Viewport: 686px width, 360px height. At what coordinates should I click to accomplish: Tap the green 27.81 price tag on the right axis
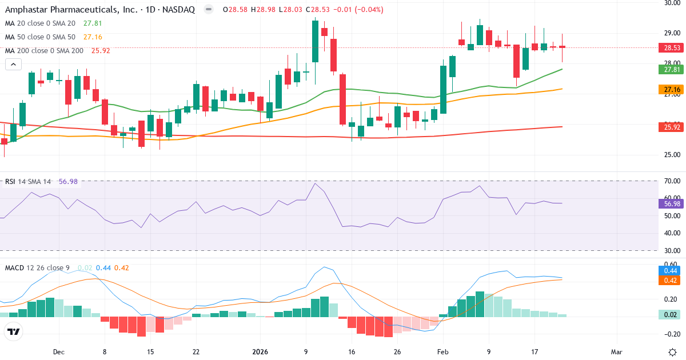coord(672,69)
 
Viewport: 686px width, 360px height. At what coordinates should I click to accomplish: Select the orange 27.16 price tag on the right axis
coord(672,89)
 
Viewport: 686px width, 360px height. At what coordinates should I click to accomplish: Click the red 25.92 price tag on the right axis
coord(672,127)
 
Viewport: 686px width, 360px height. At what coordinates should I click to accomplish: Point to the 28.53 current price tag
coord(672,48)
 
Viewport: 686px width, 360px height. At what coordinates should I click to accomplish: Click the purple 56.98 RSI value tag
coord(672,203)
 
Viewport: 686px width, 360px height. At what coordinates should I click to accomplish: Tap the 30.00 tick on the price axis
coord(672,3)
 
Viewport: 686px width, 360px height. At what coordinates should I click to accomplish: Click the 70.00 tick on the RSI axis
coord(672,181)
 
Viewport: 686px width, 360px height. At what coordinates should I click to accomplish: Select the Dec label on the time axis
coord(58,352)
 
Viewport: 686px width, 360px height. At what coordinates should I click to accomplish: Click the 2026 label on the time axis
coord(261,352)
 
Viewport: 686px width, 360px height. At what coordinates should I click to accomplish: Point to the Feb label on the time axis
coord(443,352)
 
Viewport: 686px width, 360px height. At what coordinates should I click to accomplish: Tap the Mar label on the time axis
coord(617,352)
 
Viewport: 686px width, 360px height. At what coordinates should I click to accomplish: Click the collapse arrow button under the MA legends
coord(13,65)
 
